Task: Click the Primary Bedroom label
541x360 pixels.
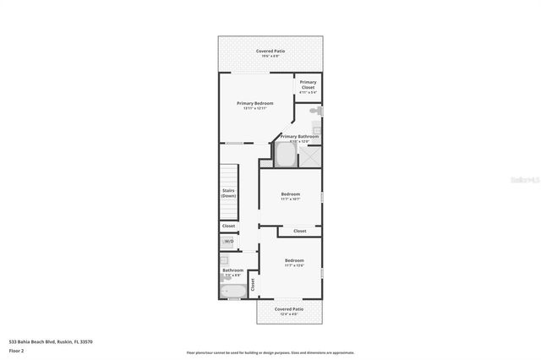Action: pos(254,103)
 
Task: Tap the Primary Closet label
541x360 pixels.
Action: pos(308,84)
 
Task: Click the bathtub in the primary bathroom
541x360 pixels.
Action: pos(286,157)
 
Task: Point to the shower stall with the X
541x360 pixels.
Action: pos(310,156)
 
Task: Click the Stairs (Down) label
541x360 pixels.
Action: pos(228,194)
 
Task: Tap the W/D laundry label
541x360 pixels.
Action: pos(228,242)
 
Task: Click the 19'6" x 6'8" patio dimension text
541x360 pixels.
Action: pos(270,57)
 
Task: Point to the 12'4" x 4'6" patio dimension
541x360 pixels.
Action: pos(289,315)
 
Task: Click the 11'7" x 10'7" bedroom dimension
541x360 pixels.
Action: pos(290,199)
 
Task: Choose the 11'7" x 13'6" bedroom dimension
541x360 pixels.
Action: pos(293,265)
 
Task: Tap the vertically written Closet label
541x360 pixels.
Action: pos(251,284)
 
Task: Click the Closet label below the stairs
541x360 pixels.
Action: pos(228,226)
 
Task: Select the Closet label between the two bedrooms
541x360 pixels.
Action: pos(299,231)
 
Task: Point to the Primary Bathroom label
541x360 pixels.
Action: pos(300,136)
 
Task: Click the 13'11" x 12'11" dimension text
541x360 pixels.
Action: pos(254,109)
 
